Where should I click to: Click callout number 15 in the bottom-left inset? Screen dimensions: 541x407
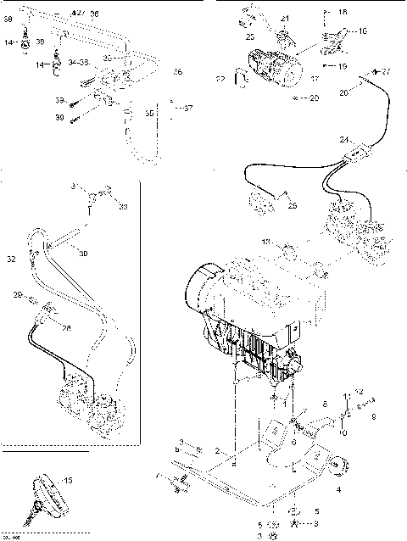point(68,481)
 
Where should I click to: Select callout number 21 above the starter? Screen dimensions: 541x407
point(285,18)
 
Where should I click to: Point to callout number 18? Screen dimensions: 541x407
point(342,13)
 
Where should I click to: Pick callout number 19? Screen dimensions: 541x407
point(342,65)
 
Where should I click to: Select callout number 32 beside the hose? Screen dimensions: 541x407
point(11,258)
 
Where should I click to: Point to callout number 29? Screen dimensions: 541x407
point(16,294)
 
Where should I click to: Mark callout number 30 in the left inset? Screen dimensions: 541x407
point(83,254)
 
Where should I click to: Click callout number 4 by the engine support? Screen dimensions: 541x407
point(338,489)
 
